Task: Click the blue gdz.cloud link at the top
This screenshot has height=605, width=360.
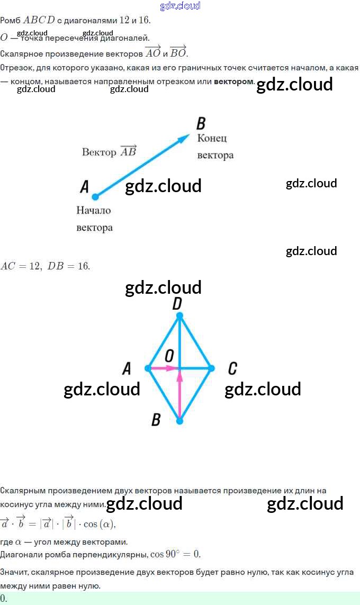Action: pyautogui.click(x=180, y=6)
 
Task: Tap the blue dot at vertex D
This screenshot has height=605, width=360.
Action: pyautogui.click(x=179, y=315)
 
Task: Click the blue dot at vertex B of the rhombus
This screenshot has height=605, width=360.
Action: pyautogui.click(x=179, y=421)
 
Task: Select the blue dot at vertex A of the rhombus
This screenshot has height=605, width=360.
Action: pyautogui.click(x=148, y=368)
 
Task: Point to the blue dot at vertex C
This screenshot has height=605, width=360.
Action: pyautogui.click(x=211, y=368)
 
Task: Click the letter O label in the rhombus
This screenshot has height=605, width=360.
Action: pyautogui.click(x=169, y=355)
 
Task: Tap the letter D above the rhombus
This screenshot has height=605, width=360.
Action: pyautogui.click(x=177, y=303)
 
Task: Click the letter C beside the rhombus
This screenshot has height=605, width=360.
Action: pyautogui.click(x=232, y=368)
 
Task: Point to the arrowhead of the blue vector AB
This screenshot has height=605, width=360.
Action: pyautogui.click(x=184, y=138)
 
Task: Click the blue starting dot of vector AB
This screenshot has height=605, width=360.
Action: pyautogui.click(x=95, y=197)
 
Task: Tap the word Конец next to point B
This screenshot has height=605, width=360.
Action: pyautogui.click(x=212, y=138)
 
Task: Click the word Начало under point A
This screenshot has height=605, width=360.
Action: pyautogui.click(x=94, y=210)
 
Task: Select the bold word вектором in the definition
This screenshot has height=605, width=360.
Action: pyautogui.click(x=234, y=82)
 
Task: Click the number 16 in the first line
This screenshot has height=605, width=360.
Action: pyautogui.click(x=144, y=20)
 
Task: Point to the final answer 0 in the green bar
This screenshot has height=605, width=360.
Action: pyautogui.click(x=4, y=599)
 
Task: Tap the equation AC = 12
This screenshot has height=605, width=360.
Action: pyautogui.click(x=21, y=266)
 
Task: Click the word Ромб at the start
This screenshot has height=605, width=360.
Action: pyautogui.click(x=10, y=20)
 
